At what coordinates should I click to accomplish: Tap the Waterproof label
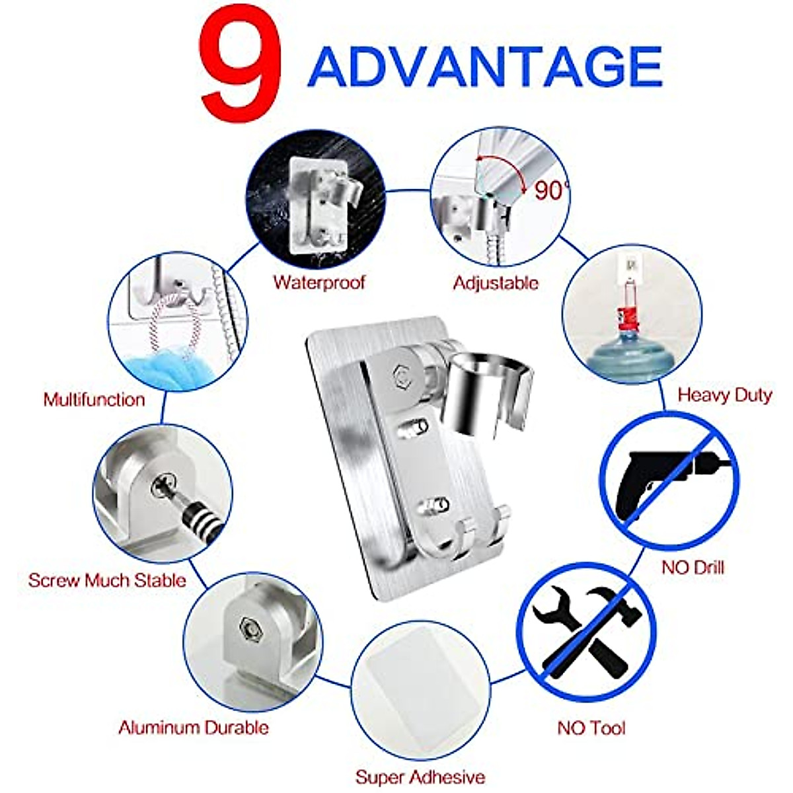[319, 283]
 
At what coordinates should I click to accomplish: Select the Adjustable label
[496, 283]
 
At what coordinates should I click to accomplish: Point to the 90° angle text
[550, 191]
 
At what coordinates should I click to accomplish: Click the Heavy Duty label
[724, 395]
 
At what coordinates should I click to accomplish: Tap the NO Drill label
[693, 567]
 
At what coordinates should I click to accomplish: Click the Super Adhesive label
[420, 776]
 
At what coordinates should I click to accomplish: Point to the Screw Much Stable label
[107, 580]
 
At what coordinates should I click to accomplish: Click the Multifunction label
[94, 399]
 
